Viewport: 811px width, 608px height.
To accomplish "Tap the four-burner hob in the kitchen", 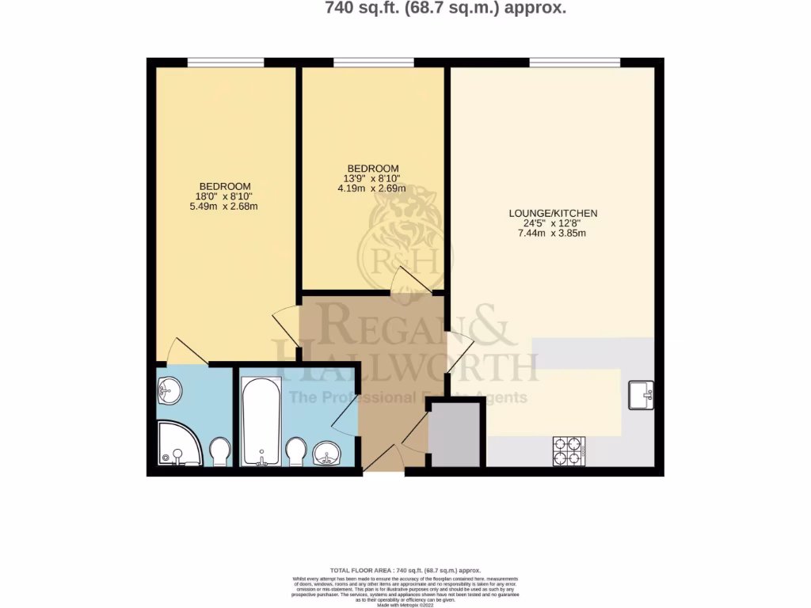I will (x=569, y=450).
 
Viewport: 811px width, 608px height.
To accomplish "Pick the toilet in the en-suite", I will (x=219, y=452).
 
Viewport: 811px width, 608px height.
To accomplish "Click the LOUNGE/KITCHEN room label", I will (x=553, y=214).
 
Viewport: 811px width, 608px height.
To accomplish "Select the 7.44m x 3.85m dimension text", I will (x=553, y=234).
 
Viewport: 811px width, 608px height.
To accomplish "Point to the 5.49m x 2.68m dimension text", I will (x=225, y=207).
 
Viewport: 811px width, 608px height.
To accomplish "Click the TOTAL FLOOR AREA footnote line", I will (x=405, y=570).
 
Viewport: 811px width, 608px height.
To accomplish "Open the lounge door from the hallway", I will (x=459, y=346).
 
